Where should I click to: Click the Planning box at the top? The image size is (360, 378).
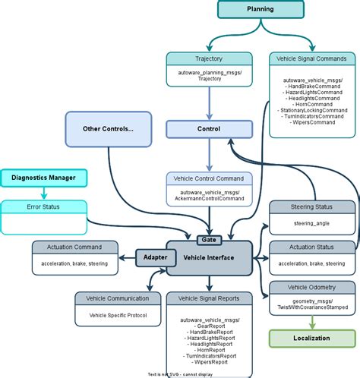(x=261, y=9)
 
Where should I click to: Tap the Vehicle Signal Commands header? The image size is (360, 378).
(x=311, y=58)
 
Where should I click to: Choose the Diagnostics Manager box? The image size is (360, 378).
(x=43, y=178)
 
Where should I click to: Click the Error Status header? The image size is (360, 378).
(x=43, y=206)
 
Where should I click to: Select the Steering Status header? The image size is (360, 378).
(x=311, y=206)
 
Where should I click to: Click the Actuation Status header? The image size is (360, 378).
(x=311, y=247)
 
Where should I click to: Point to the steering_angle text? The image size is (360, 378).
(x=311, y=223)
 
